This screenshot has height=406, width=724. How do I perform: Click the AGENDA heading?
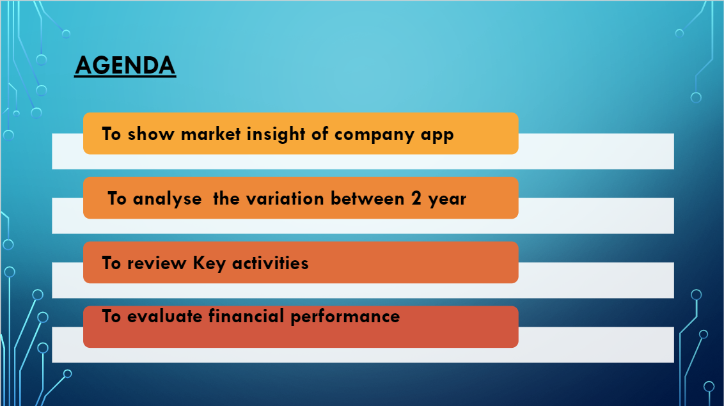[x=125, y=65]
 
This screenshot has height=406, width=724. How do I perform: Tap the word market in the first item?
[x=211, y=134]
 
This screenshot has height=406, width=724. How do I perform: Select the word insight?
[x=276, y=135]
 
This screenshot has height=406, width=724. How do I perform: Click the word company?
[x=374, y=135]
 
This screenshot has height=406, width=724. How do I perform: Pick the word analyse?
[x=167, y=199]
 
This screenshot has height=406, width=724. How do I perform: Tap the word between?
[x=368, y=198]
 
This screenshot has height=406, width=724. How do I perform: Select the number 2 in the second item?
[x=416, y=198]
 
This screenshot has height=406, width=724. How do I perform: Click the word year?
[x=447, y=199]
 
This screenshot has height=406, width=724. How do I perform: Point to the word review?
[x=157, y=263]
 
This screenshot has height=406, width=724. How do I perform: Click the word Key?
[x=209, y=264]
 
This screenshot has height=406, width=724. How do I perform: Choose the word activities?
[x=270, y=263]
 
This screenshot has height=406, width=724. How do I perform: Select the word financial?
[x=246, y=316]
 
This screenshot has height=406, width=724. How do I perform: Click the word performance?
[x=345, y=317]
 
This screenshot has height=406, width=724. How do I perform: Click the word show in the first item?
[x=151, y=134]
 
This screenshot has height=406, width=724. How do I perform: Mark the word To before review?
[x=111, y=263]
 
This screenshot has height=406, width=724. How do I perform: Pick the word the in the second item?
[x=226, y=198]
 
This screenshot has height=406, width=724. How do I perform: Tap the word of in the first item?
[x=320, y=134]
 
